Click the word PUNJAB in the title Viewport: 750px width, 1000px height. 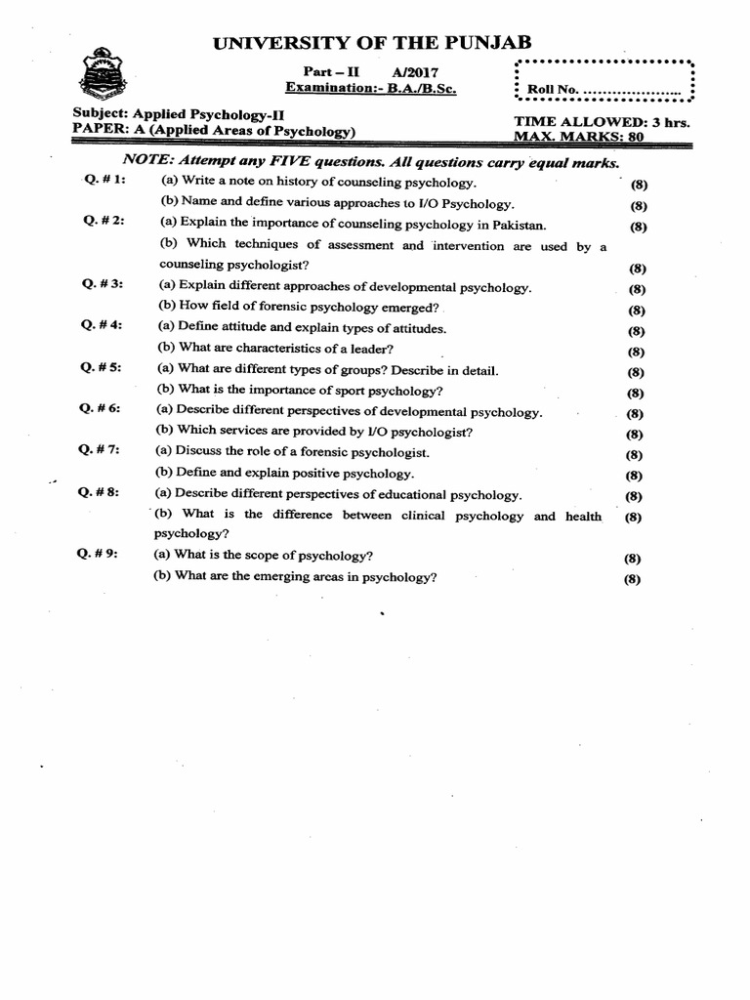click(479, 40)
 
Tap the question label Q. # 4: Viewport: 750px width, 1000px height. click(101, 326)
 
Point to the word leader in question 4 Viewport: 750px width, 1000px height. click(348, 349)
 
